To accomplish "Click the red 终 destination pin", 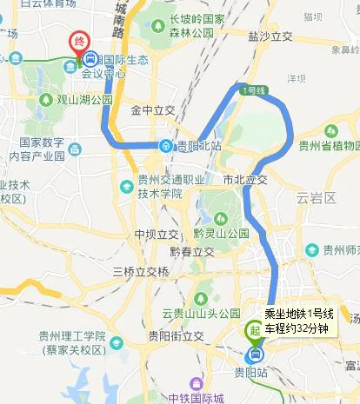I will (79, 41).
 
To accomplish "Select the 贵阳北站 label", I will (199, 146).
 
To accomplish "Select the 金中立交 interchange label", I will (153, 111).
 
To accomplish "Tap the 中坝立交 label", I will (157, 235).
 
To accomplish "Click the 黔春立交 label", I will (193, 251).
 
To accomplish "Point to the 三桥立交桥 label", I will (141, 272).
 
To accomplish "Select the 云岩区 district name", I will (316, 198).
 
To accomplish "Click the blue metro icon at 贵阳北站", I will (165, 145).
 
